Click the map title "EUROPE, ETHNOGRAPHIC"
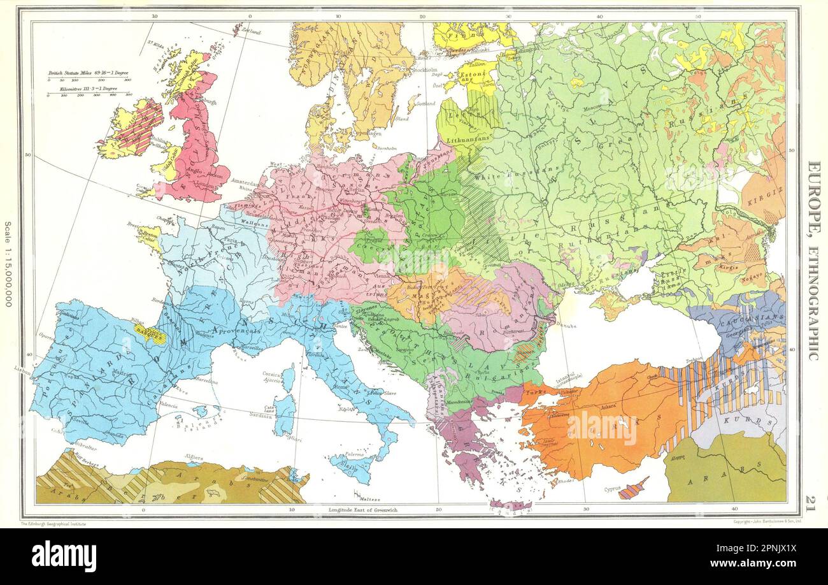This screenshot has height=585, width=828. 813,260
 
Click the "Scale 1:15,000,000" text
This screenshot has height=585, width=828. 8,264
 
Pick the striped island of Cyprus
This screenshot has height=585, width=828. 633,489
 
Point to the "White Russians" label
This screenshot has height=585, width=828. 506,175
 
